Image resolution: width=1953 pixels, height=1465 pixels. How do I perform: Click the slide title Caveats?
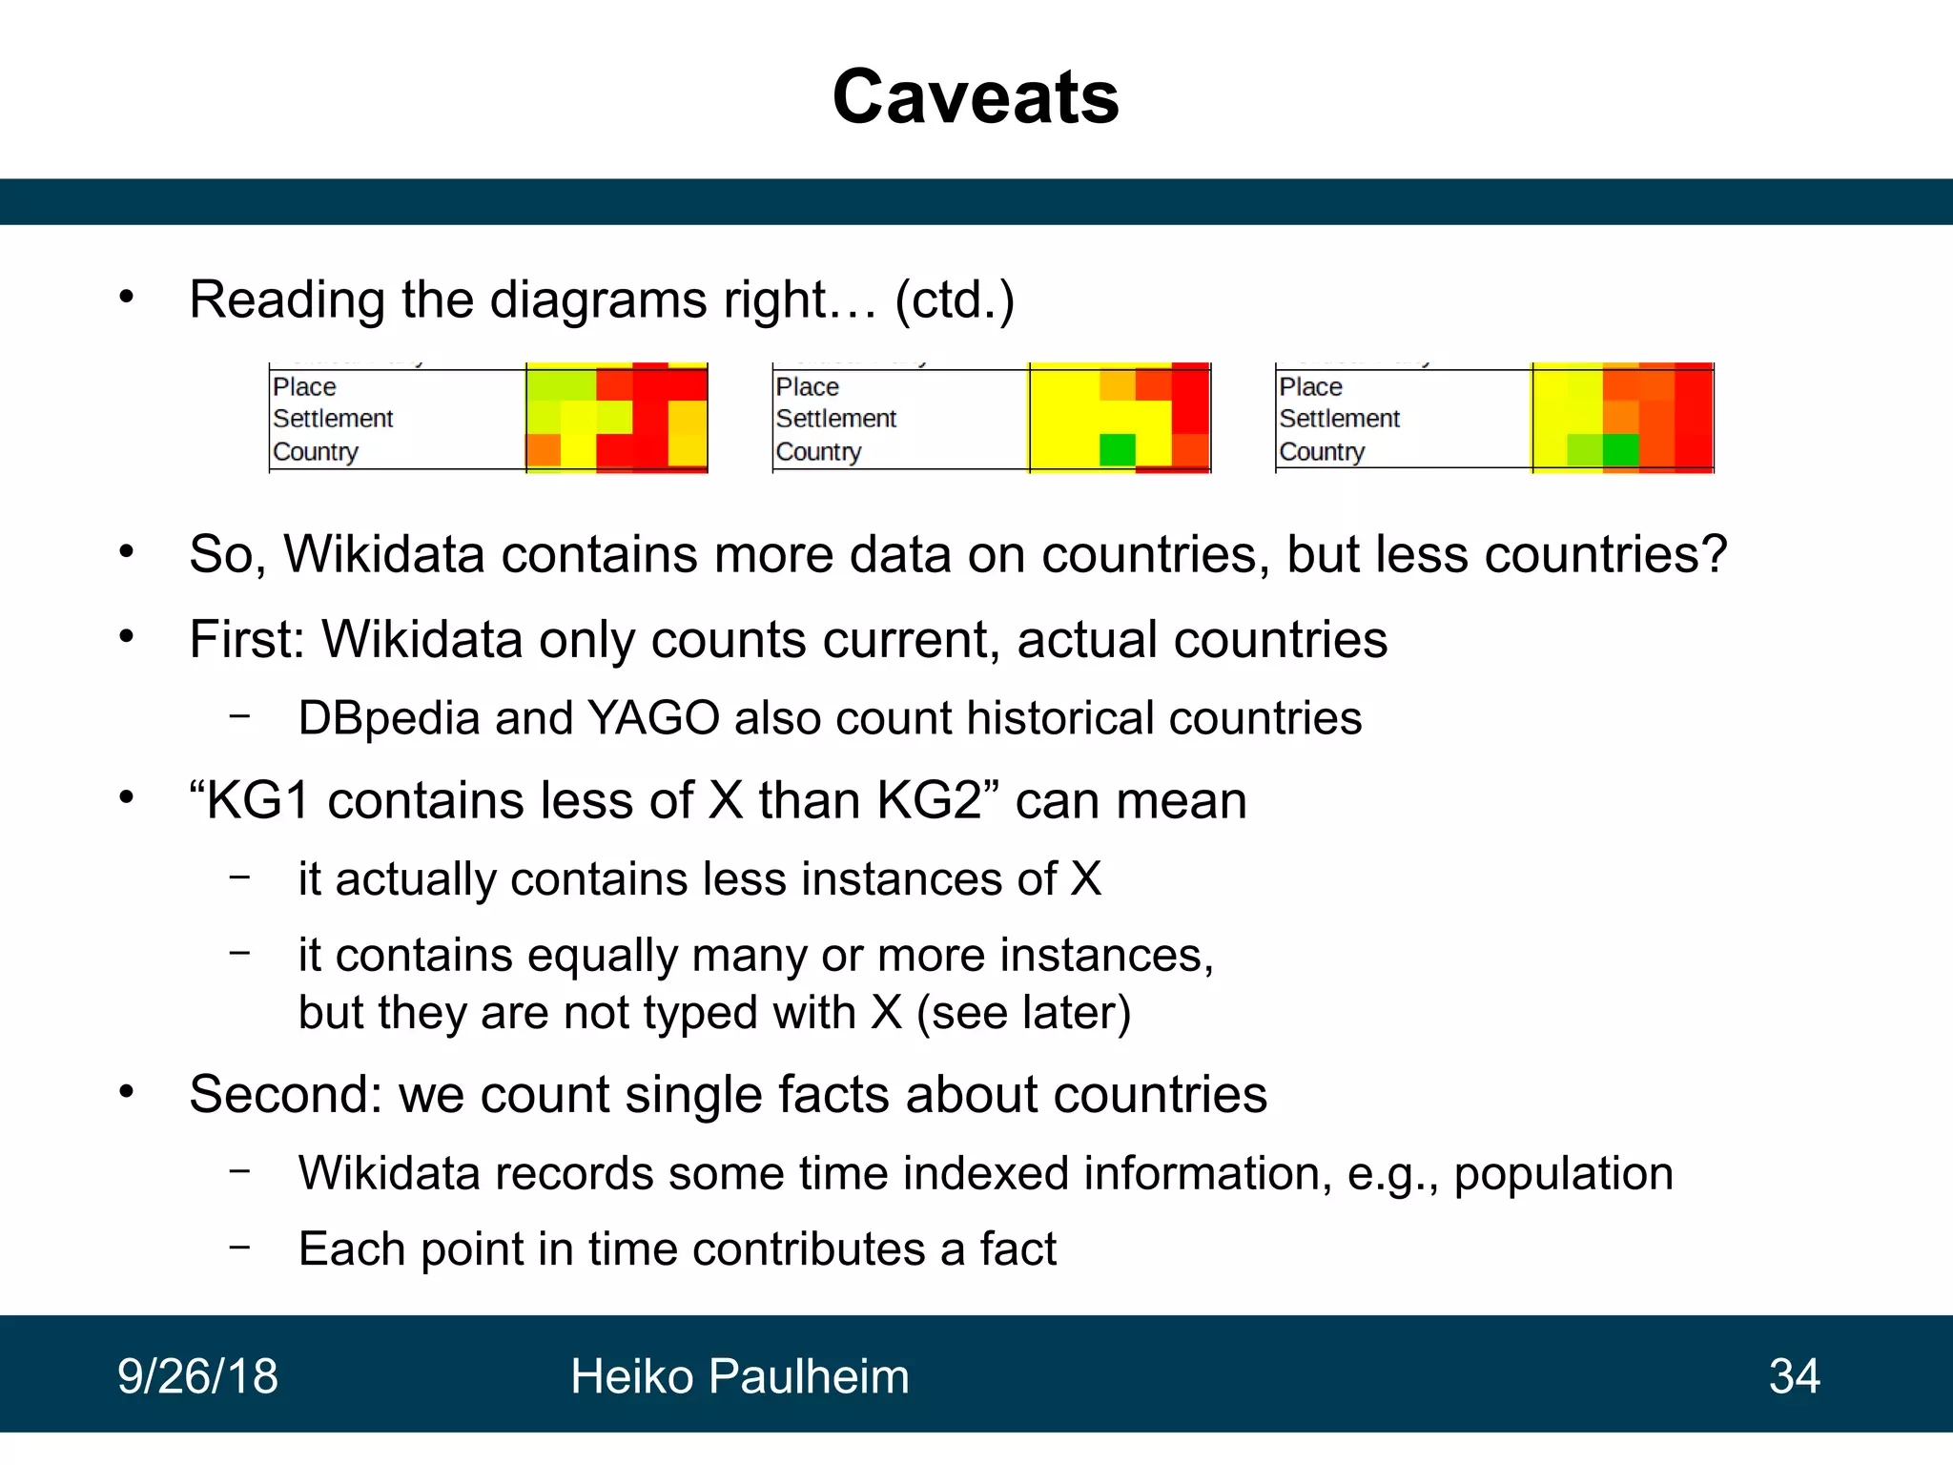point(976,97)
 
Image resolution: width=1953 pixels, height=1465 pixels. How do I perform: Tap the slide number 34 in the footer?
point(1794,1375)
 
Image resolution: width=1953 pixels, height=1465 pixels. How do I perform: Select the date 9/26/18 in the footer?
point(197,1375)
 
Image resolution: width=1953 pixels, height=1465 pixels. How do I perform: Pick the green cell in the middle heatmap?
point(1118,449)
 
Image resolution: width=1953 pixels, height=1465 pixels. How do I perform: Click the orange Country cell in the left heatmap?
point(544,449)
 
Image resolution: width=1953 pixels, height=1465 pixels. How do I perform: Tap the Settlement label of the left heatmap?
point(333,419)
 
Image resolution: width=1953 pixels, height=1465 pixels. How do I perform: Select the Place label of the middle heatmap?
point(807,387)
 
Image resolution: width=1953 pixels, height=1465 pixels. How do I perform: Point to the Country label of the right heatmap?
point(1322,451)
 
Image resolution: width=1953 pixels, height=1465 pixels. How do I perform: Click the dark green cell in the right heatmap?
point(1620,449)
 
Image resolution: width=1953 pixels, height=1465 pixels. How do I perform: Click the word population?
point(1563,1174)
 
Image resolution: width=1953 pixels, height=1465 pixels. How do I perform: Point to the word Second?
point(285,1094)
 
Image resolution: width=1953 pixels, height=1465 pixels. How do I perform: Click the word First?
point(246,639)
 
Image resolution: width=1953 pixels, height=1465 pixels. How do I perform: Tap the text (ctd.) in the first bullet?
point(955,299)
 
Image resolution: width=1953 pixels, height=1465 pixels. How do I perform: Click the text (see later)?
point(1023,1012)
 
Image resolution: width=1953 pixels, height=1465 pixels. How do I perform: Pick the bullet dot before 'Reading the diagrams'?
point(127,297)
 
